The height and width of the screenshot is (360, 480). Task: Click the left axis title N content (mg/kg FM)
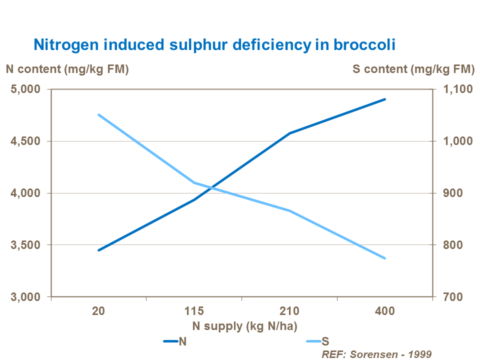point(67,69)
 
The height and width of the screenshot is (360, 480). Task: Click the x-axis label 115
point(194,311)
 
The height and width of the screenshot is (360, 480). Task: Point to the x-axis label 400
point(384,311)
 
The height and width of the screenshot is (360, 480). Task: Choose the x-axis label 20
point(98,311)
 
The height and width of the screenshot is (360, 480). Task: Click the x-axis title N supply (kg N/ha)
point(245,326)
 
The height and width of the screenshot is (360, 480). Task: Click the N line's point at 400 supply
point(385,99)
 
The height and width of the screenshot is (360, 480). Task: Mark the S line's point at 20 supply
point(98,114)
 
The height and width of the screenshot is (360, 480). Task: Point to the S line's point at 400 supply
point(385,258)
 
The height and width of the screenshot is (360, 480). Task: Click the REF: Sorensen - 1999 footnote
point(377,353)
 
